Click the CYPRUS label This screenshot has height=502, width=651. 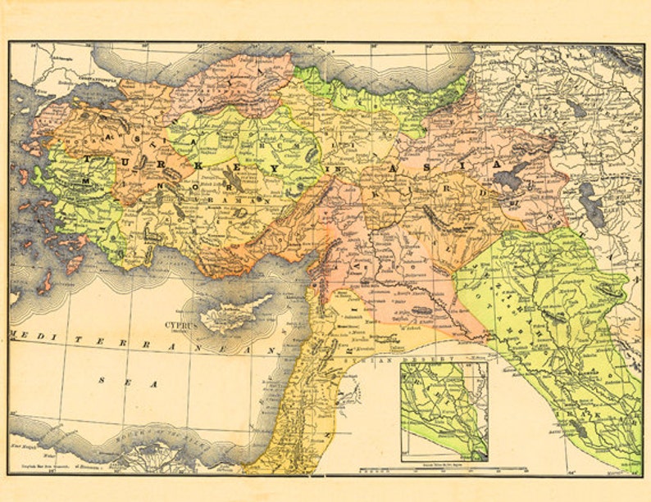181,324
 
